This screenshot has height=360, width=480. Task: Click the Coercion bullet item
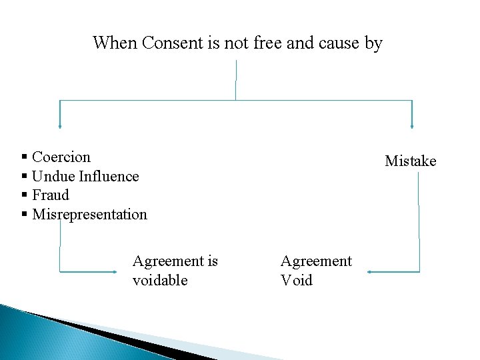pyautogui.click(x=61, y=157)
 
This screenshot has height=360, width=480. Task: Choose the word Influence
pyautogui.click(x=109, y=177)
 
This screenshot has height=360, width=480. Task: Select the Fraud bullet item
pyautogui.click(x=51, y=195)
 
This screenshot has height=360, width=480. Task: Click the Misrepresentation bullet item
pyautogui.click(x=89, y=215)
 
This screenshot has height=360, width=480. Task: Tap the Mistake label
pyautogui.click(x=410, y=161)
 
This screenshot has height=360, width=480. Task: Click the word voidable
pyautogui.click(x=160, y=281)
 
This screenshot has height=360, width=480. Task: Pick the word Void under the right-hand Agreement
pyautogui.click(x=296, y=281)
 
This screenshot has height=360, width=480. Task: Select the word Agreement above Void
pyautogui.click(x=316, y=261)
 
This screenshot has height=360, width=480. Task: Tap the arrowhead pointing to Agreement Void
pyautogui.click(x=369, y=272)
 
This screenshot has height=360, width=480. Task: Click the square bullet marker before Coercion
pyautogui.click(x=24, y=157)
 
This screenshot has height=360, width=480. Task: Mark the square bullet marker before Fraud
pyautogui.click(x=24, y=195)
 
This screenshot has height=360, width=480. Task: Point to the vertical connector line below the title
pyautogui.click(x=236, y=80)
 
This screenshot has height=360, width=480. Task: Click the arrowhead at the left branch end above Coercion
pyautogui.click(x=60, y=125)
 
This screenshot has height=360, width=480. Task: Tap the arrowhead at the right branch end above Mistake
pyautogui.click(x=412, y=125)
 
